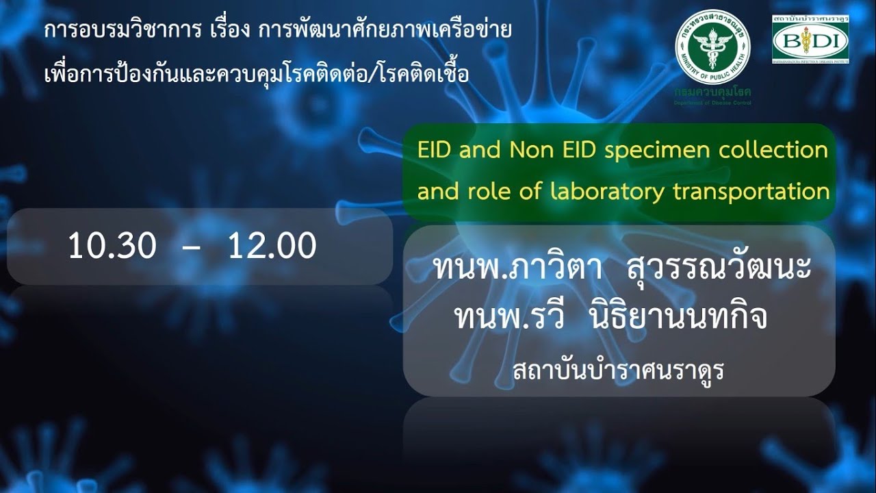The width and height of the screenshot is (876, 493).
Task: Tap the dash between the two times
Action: (x=192, y=247)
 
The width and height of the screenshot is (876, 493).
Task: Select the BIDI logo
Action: (x=810, y=42)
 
